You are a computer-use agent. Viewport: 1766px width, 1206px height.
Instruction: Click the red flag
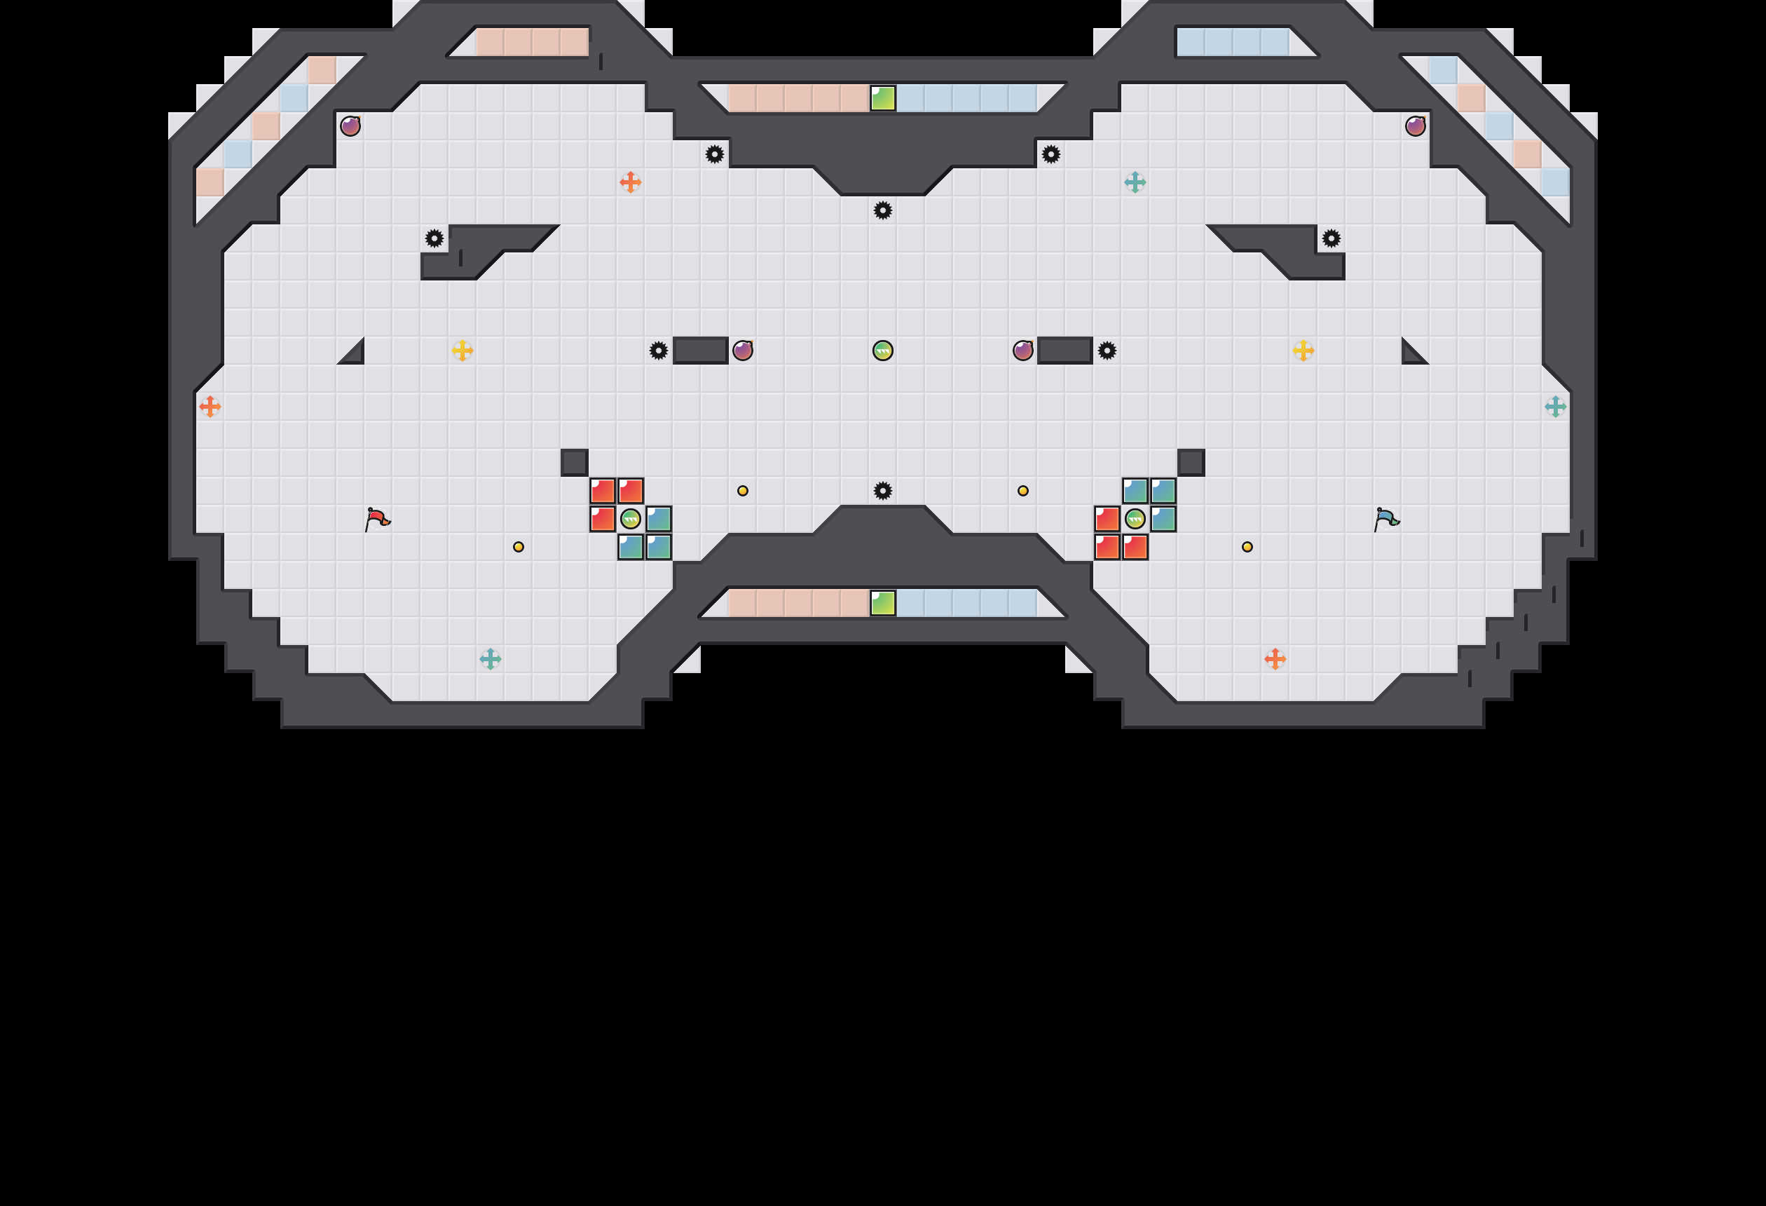(377, 519)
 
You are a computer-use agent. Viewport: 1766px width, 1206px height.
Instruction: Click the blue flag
(1386, 519)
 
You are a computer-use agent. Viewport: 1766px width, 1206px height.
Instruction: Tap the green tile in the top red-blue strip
(882, 98)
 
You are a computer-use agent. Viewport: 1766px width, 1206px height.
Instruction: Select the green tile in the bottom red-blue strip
(882, 603)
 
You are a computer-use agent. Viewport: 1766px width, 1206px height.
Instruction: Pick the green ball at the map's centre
(882, 351)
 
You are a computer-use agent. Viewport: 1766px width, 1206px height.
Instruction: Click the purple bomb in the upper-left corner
(350, 126)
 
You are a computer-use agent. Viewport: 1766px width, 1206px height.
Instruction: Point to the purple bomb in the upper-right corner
(1415, 126)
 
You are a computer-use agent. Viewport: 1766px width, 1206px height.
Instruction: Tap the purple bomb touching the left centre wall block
(742, 351)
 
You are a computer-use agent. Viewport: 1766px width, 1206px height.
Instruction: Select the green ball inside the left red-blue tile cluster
(630, 519)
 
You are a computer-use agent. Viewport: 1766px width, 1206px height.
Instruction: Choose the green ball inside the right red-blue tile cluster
(1135, 519)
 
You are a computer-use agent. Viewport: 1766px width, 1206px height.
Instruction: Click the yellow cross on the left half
(462, 351)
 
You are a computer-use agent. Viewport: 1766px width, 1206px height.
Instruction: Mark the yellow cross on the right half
(1303, 351)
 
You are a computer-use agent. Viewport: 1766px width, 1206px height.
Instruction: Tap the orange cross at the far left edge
(210, 407)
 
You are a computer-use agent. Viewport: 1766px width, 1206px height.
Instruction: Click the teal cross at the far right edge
(1556, 407)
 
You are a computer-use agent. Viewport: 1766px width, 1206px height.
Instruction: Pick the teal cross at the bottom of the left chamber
(490, 658)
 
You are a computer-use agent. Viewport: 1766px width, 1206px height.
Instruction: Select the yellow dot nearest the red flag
(519, 547)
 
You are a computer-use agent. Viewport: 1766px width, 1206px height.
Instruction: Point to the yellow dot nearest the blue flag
(1247, 547)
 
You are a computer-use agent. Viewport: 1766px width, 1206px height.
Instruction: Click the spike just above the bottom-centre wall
(882, 490)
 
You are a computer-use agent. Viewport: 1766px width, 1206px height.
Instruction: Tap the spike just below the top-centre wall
(882, 210)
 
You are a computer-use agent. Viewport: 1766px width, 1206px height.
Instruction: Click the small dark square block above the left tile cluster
(575, 462)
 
